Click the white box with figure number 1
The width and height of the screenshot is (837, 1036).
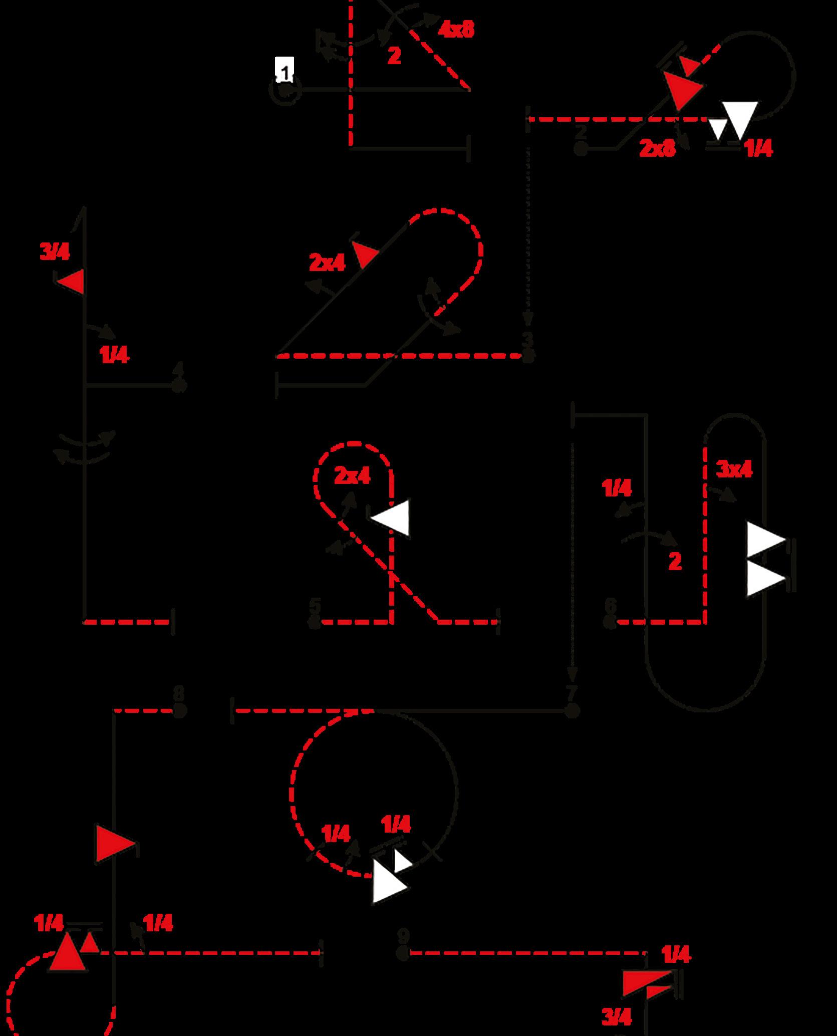click(x=285, y=70)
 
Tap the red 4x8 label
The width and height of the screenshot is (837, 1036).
click(x=455, y=30)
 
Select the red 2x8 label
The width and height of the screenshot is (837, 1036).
click(x=657, y=148)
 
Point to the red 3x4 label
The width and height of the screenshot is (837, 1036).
click(x=734, y=469)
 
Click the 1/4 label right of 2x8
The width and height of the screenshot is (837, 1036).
click(x=759, y=149)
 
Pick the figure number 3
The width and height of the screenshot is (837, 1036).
click(x=528, y=339)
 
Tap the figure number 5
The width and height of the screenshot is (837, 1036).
click(x=315, y=606)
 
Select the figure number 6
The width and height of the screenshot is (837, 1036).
click(x=610, y=606)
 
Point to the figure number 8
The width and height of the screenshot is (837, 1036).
click(x=178, y=694)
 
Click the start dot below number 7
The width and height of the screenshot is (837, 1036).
click(x=572, y=710)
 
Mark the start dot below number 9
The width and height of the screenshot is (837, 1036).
click(x=403, y=953)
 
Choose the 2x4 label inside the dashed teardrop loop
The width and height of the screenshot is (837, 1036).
click(x=352, y=476)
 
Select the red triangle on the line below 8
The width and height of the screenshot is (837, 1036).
click(x=112, y=843)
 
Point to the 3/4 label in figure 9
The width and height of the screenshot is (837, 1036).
click(x=617, y=1016)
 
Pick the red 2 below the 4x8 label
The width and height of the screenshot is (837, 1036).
click(x=394, y=56)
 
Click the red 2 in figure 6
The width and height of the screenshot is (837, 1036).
click(x=675, y=562)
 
